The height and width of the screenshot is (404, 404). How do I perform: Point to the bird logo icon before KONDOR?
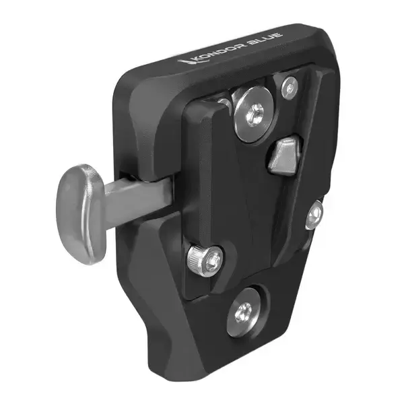pos(182,62)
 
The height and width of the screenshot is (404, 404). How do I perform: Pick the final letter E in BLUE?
pos(278,34)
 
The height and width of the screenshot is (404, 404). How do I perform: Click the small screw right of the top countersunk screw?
pos(290,86)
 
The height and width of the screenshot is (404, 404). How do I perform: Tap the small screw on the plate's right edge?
pos(314,215)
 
